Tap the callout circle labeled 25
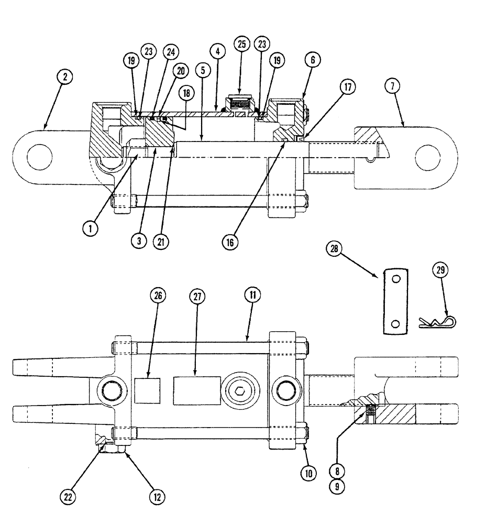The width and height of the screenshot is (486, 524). click(241, 45)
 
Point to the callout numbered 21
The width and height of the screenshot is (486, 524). click(161, 243)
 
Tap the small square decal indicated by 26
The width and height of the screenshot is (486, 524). click(147, 390)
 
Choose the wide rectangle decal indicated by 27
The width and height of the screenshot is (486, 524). click(196, 389)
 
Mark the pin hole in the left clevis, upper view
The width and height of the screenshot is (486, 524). click(39, 157)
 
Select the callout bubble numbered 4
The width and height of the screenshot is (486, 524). click(217, 51)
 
